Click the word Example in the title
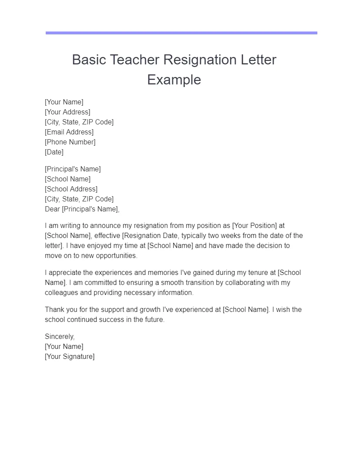[174, 80]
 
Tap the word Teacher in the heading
[135, 60]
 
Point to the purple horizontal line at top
[181, 33]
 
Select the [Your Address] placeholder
[67, 112]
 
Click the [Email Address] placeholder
[69, 132]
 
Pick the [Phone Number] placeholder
[70, 142]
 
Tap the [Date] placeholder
[54, 152]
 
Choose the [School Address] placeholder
[71, 189]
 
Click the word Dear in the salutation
[52, 209]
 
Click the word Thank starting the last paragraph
[54, 309]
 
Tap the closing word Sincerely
[60, 336]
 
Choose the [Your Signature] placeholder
[69, 356]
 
